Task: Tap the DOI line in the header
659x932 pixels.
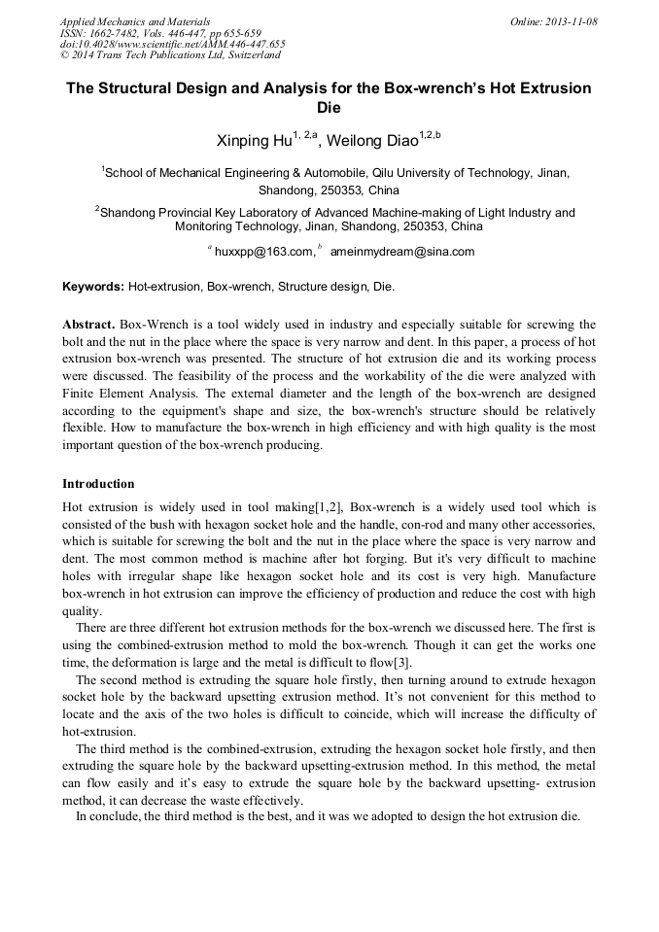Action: pos(172,44)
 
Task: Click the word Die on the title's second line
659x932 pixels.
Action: pos(329,109)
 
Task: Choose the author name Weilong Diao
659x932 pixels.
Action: pos(370,142)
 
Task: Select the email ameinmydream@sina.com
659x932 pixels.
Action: pos(401,252)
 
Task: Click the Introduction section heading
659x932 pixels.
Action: pos(98,483)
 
